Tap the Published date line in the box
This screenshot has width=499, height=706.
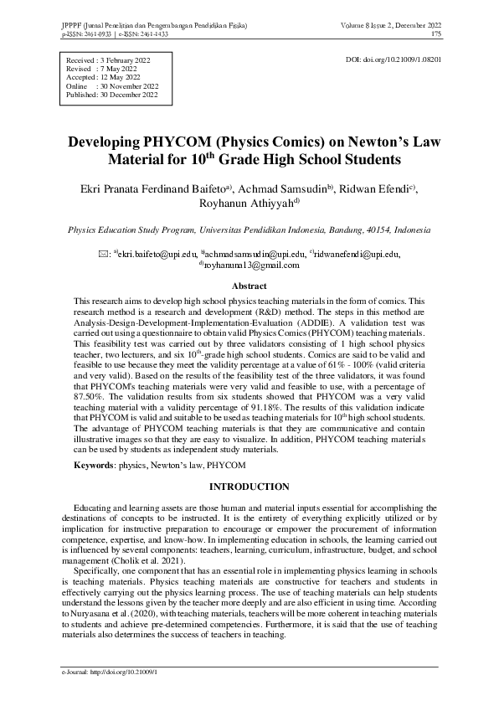click(x=111, y=95)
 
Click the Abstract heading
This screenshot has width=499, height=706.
click(x=249, y=286)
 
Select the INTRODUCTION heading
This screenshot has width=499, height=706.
click(x=249, y=487)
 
